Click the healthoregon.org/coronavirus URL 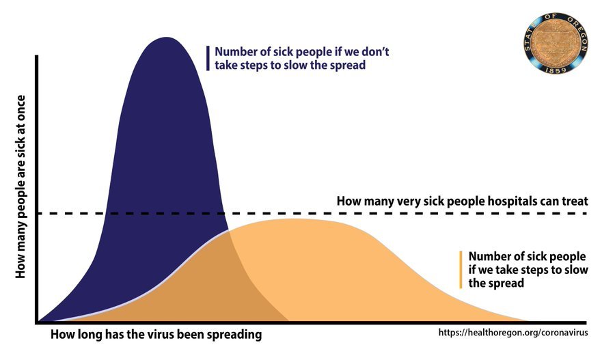coord(512,333)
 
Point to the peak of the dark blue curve coord(165,38)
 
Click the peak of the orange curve coord(294,219)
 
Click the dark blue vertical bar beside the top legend coord(208,58)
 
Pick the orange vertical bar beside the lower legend coord(462,269)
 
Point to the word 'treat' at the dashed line coord(573,202)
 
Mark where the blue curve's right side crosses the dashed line coord(223,213)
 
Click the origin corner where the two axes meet coord(37,322)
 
